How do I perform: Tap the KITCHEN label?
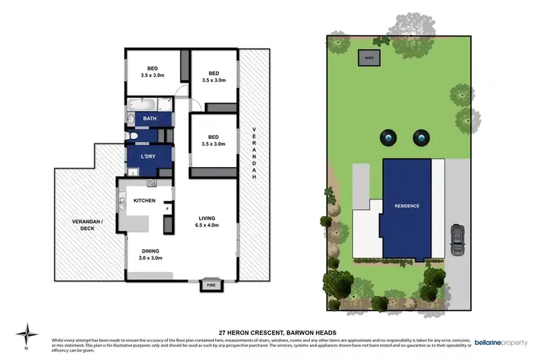click(144, 200)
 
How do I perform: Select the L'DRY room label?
click(149, 156)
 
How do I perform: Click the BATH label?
click(150, 118)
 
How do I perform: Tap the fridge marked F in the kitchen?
click(167, 209)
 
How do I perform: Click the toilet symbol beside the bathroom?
click(132, 135)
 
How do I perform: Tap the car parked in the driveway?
click(456, 239)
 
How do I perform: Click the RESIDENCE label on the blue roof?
click(407, 206)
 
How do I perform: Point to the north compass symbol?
click(28, 333)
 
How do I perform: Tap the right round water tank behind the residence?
click(420, 137)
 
